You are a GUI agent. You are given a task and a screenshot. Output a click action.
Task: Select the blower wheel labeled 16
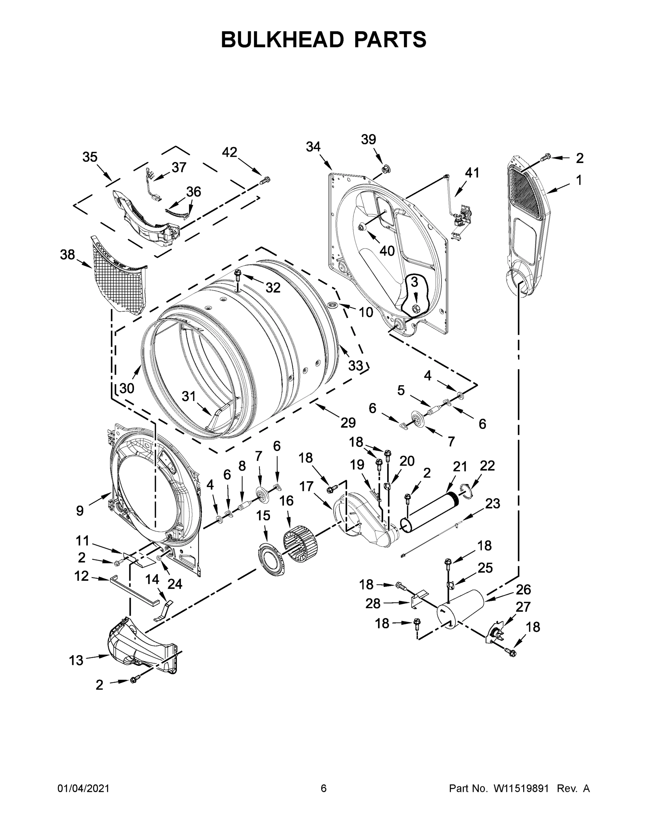click(300, 541)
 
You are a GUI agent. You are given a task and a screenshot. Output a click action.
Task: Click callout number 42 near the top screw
click(230, 152)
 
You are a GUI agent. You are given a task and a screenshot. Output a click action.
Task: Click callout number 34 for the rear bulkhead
click(313, 147)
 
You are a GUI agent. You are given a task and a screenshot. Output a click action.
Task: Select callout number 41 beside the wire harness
click(472, 173)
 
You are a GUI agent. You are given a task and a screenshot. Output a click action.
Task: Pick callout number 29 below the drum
click(348, 423)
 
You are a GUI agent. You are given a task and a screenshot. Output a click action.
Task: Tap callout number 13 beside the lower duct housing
click(76, 660)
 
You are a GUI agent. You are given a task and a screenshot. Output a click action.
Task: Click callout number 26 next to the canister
click(523, 589)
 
